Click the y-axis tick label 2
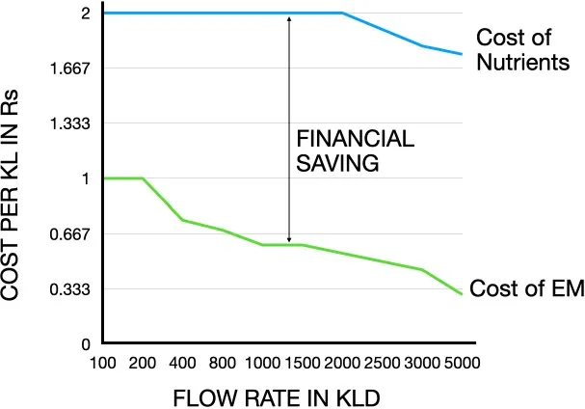click(85, 14)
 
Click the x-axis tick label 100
click(103, 363)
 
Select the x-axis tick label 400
click(183, 363)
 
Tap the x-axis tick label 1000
click(263, 363)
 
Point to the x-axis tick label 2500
click(383, 363)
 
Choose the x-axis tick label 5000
click(463, 363)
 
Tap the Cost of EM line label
click(526, 288)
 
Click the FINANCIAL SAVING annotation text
click(355, 151)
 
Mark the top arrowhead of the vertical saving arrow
click(288, 17)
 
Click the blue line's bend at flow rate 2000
click(343, 14)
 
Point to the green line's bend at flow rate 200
click(143, 178)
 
